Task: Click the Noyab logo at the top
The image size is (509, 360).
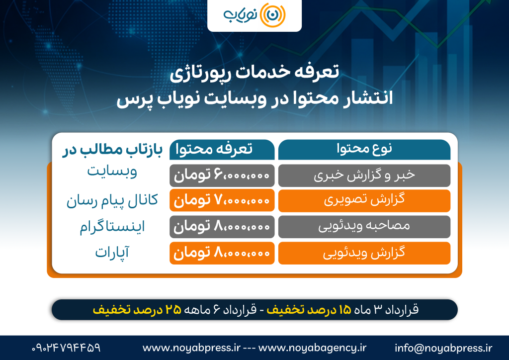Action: (254, 15)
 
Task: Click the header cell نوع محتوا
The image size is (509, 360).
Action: (364, 149)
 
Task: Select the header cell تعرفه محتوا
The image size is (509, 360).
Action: (222, 149)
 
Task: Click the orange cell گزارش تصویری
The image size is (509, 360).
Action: (364, 201)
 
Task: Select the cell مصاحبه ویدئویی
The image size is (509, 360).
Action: (364, 227)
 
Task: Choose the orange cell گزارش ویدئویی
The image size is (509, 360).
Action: (364, 253)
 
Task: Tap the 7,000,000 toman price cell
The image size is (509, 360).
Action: (222, 201)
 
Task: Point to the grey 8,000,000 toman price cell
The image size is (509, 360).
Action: (222, 227)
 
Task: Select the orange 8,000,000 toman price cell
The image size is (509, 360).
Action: (222, 253)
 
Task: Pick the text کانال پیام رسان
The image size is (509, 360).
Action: (112, 201)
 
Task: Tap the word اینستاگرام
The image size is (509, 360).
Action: (112, 227)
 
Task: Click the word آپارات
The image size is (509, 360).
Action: (112, 253)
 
